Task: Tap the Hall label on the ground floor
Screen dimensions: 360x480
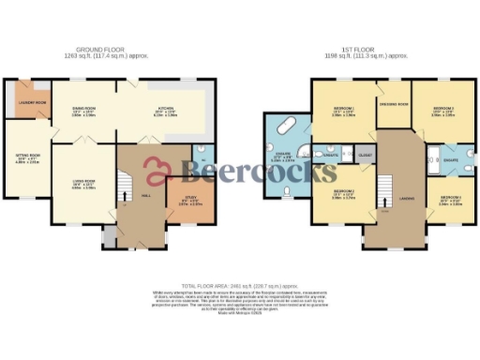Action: tap(146, 195)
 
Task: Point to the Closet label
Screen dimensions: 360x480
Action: tap(366, 152)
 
